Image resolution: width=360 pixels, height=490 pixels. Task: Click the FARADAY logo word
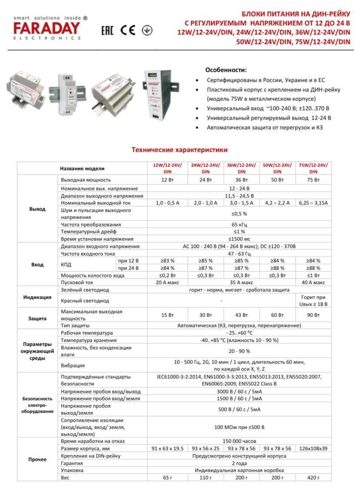point(47,29)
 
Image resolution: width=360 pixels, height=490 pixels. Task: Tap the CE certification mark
point(128,30)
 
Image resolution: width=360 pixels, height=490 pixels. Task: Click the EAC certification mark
point(107,30)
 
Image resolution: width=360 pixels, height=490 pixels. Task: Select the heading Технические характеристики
point(180,150)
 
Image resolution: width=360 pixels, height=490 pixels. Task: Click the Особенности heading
point(226,70)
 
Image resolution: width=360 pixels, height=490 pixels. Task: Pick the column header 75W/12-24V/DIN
point(313,168)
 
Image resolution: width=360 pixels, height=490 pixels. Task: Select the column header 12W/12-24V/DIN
point(167,168)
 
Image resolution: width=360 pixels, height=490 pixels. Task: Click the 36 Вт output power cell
point(241,180)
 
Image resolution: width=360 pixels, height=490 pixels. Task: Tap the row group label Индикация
point(37,297)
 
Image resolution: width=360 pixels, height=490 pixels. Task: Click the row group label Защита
point(37,318)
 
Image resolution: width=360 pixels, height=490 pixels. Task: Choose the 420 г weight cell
point(313,477)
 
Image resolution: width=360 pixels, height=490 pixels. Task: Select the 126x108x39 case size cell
point(313,448)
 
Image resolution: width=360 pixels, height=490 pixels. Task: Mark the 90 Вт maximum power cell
point(313,315)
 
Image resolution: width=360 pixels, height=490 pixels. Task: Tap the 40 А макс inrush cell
point(313,282)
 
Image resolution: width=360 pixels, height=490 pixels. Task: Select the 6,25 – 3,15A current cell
point(313,203)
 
